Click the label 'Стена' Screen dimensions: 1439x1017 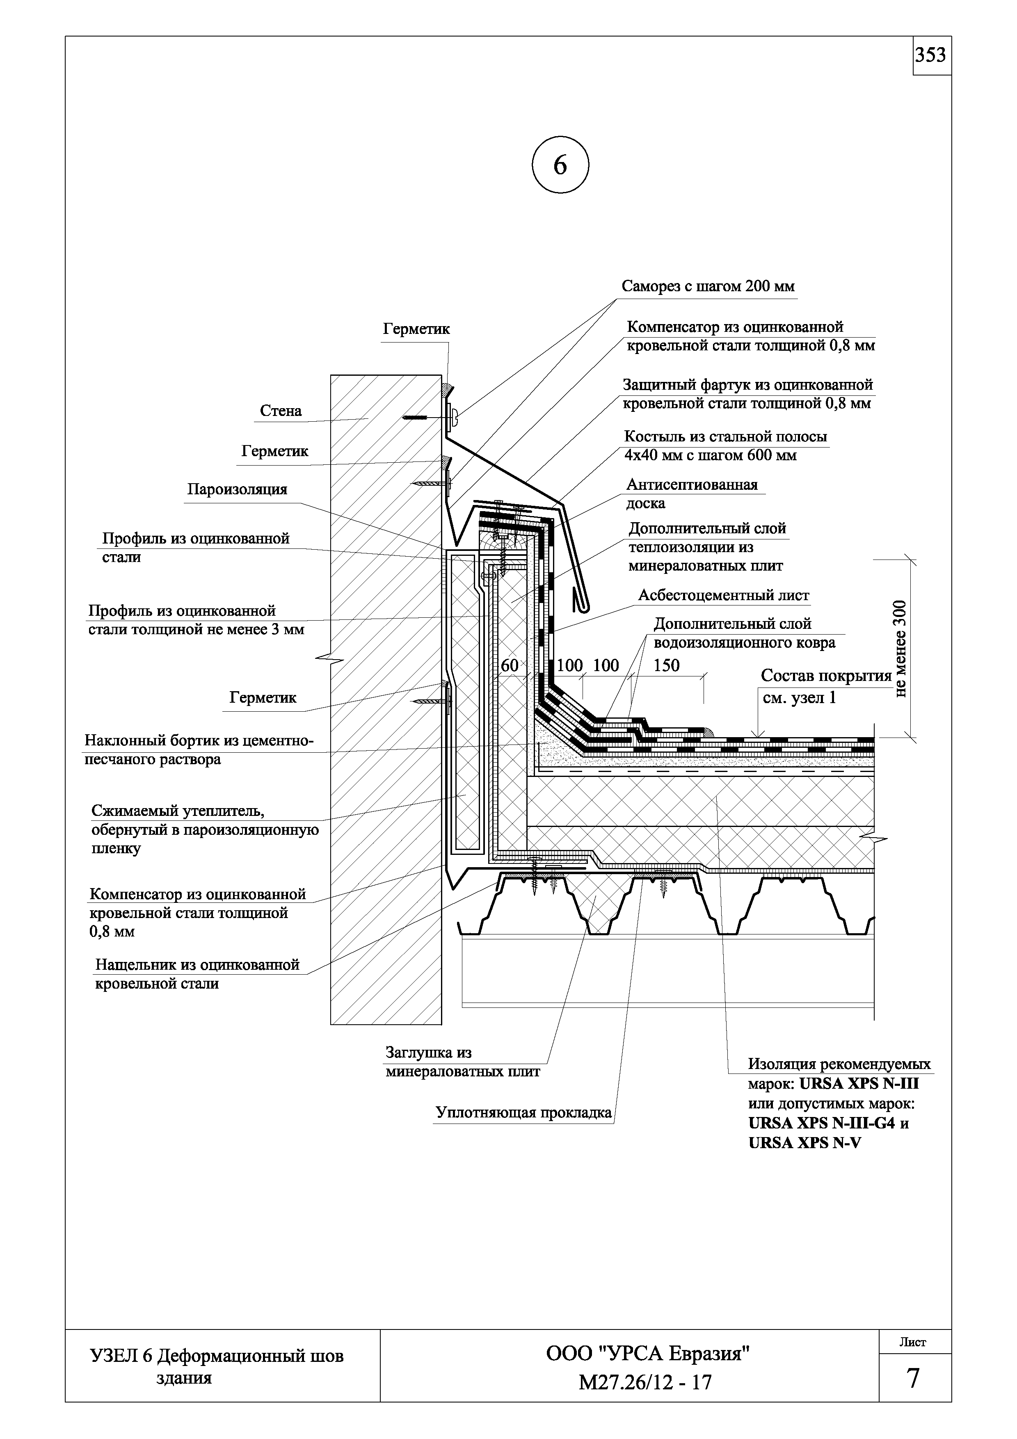point(281,411)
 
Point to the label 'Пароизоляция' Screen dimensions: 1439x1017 point(237,489)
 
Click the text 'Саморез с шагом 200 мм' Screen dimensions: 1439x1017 point(708,286)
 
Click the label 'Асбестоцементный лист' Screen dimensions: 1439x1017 point(724,595)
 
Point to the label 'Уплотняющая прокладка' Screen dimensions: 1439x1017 point(523,1112)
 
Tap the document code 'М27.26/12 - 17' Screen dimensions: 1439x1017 point(645,1382)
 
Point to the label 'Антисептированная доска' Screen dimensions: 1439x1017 point(692,494)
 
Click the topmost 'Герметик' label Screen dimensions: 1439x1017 point(416,329)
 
